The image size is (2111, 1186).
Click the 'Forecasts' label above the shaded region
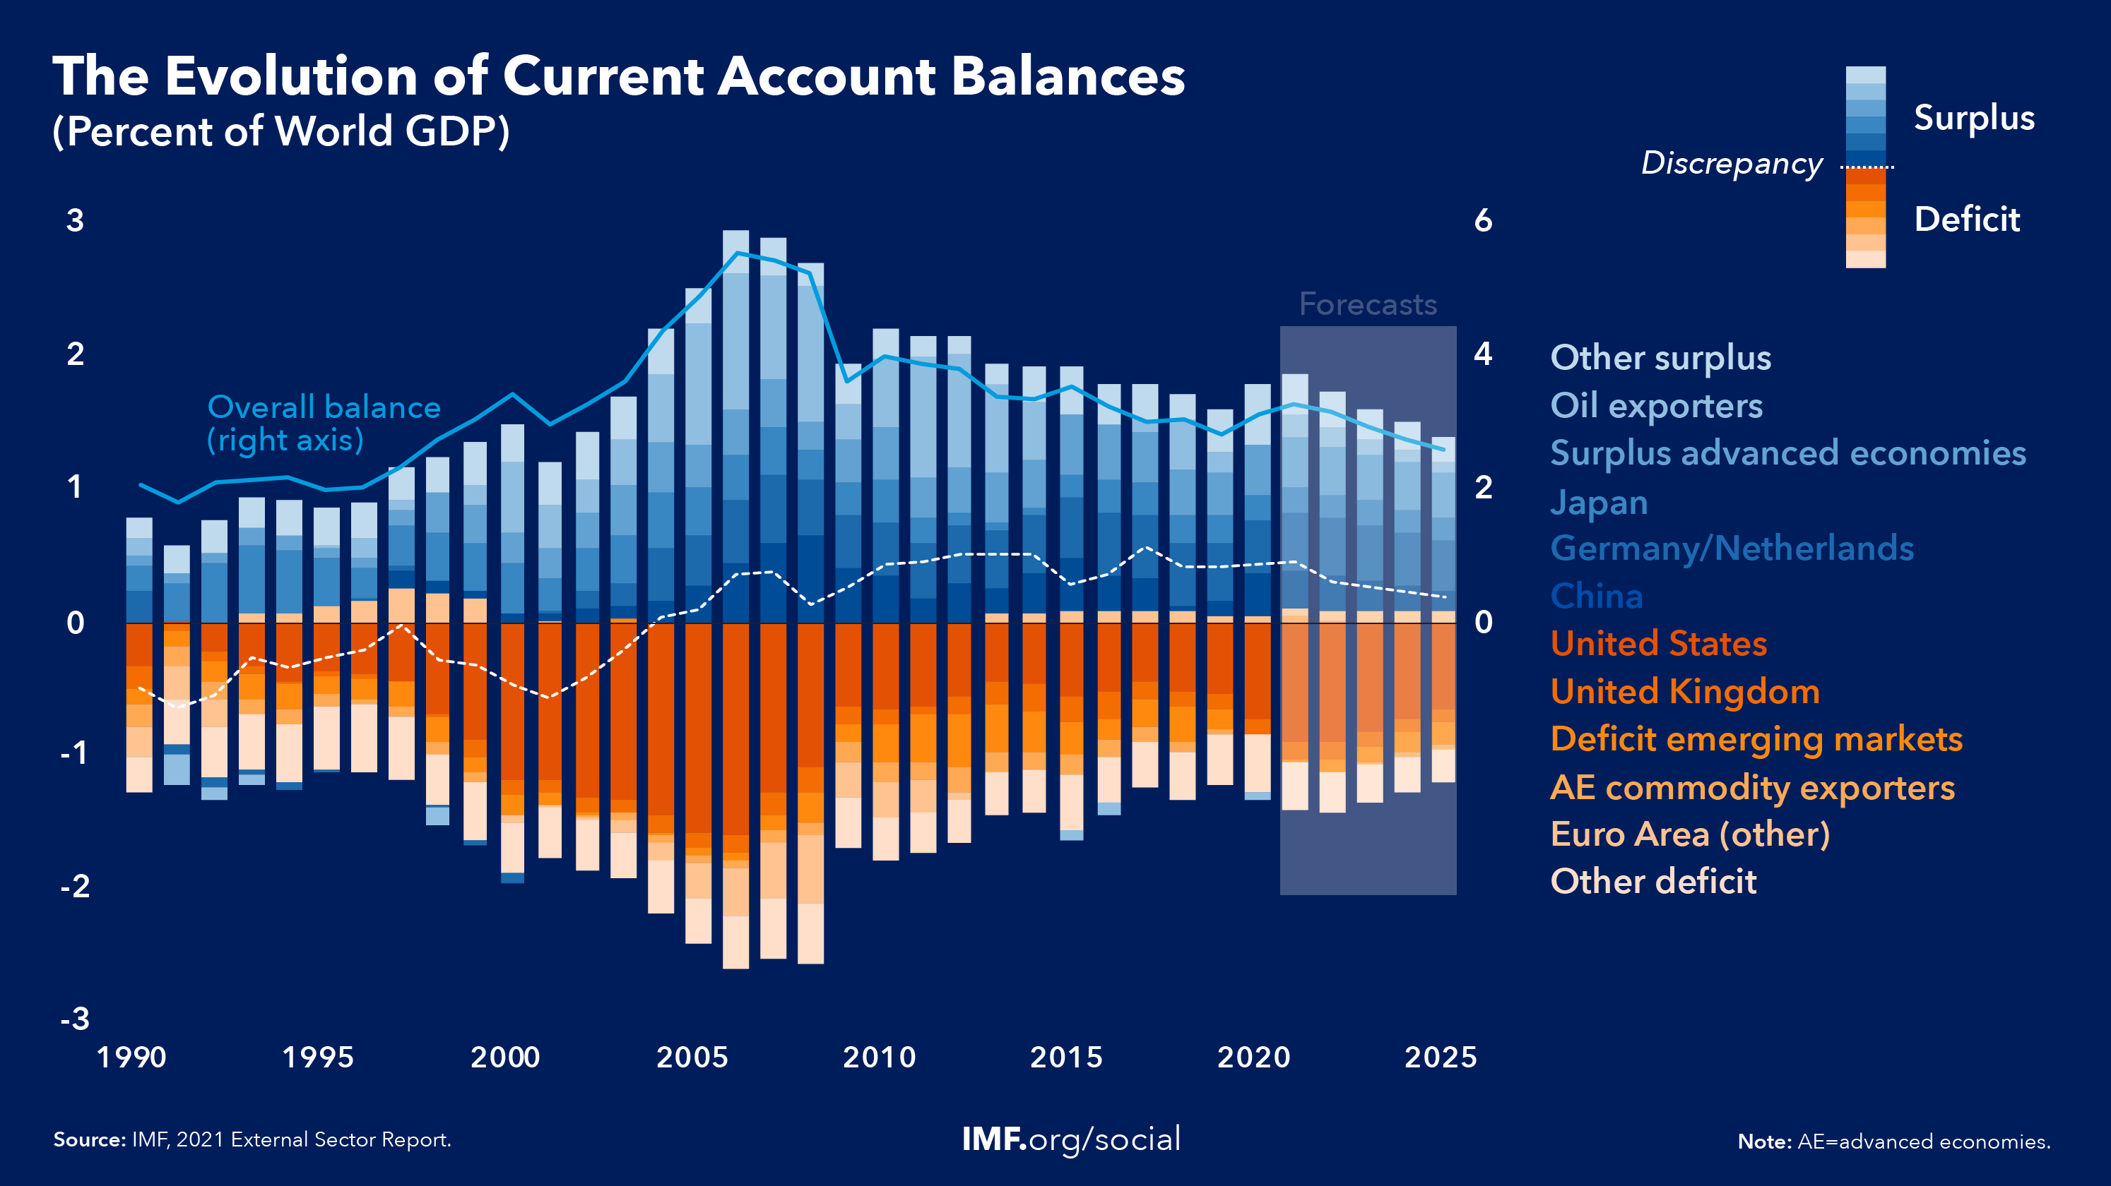1368,305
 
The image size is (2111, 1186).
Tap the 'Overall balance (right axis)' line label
324,424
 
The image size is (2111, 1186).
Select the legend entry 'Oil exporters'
1656,406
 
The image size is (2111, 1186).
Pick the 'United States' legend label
1659,644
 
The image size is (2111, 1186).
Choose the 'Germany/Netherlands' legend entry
1732,549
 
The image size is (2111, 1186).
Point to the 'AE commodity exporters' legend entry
1752,788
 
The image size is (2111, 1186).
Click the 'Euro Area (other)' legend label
1690,834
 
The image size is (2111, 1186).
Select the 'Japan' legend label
1599,502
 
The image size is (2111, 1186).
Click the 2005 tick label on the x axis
692,1058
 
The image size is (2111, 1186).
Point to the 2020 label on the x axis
1254,1058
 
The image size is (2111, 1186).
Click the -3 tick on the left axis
75,1019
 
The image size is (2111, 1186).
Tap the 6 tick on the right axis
1483,220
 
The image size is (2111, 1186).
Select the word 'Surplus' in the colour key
1974,118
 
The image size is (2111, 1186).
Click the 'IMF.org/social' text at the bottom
1071,1139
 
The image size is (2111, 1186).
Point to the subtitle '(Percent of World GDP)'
281,131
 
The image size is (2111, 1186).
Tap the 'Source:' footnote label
89,1140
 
